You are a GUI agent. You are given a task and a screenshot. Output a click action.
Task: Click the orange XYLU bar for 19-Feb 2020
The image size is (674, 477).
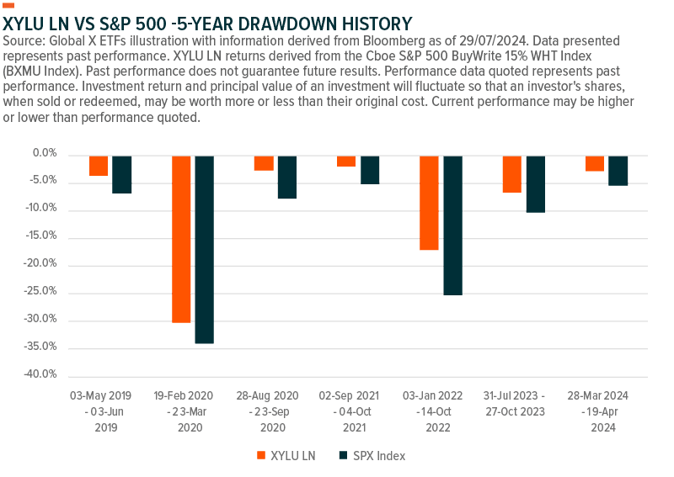pyautogui.click(x=181, y=238)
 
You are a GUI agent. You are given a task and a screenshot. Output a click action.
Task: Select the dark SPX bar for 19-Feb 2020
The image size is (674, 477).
pyautogui.click(x=205, y=249)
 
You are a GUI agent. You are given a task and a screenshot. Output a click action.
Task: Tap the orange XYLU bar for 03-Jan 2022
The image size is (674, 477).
pyautogui.click(x=429, y=203)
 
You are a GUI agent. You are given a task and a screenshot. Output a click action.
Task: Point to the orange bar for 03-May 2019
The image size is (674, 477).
pyautogui.click(x=99, y=165)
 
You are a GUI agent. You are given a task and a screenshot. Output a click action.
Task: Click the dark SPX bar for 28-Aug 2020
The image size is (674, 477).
pyautogui.click(x=287, y=177)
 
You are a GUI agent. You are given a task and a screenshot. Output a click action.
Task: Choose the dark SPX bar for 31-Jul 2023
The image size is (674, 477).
pyautogui.click(x=535, y=183)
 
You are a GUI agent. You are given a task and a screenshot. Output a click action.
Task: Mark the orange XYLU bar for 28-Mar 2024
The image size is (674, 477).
pyautogui.click(x=595, y=163)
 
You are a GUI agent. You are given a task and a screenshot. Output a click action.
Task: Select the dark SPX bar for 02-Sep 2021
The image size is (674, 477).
pyautogui.click(x=370, y=169)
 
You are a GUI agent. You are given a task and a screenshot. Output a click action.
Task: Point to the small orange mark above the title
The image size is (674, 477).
pyautogui.click(x=8, y=5)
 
